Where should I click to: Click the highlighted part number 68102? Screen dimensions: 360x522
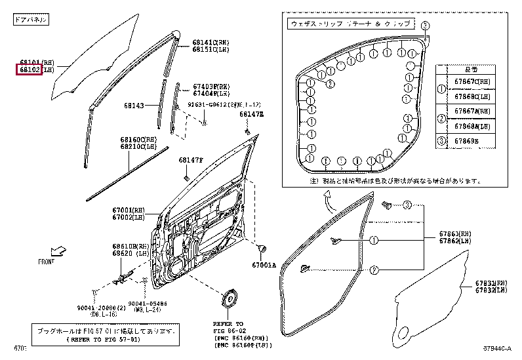point(30,69)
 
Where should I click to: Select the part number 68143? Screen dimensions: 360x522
point(134,105)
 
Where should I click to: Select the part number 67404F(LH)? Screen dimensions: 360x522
point(211,94)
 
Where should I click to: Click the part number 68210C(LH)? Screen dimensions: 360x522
point(138,147)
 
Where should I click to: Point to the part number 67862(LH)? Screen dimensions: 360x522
point(454,241)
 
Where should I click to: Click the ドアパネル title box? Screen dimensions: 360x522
point(31,20)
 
